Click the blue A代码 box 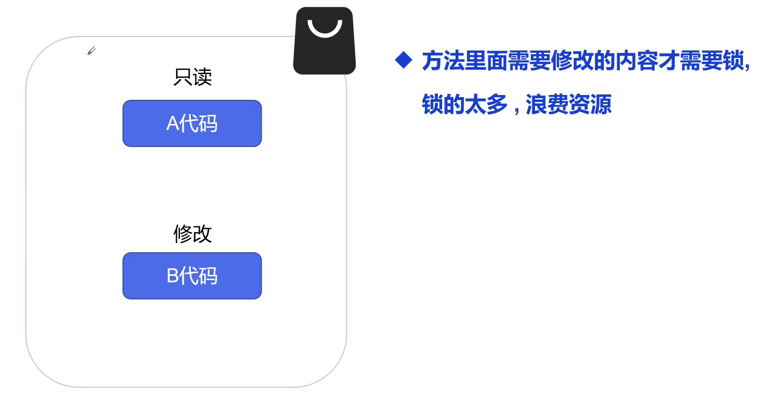(192, 123)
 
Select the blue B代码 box (192, 276)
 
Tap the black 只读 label (192, 77)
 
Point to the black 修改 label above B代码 (192, 234)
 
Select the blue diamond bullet (403, 60)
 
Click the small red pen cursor (91, 51)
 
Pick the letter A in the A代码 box (172, 124)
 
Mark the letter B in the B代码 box (172, 276)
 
